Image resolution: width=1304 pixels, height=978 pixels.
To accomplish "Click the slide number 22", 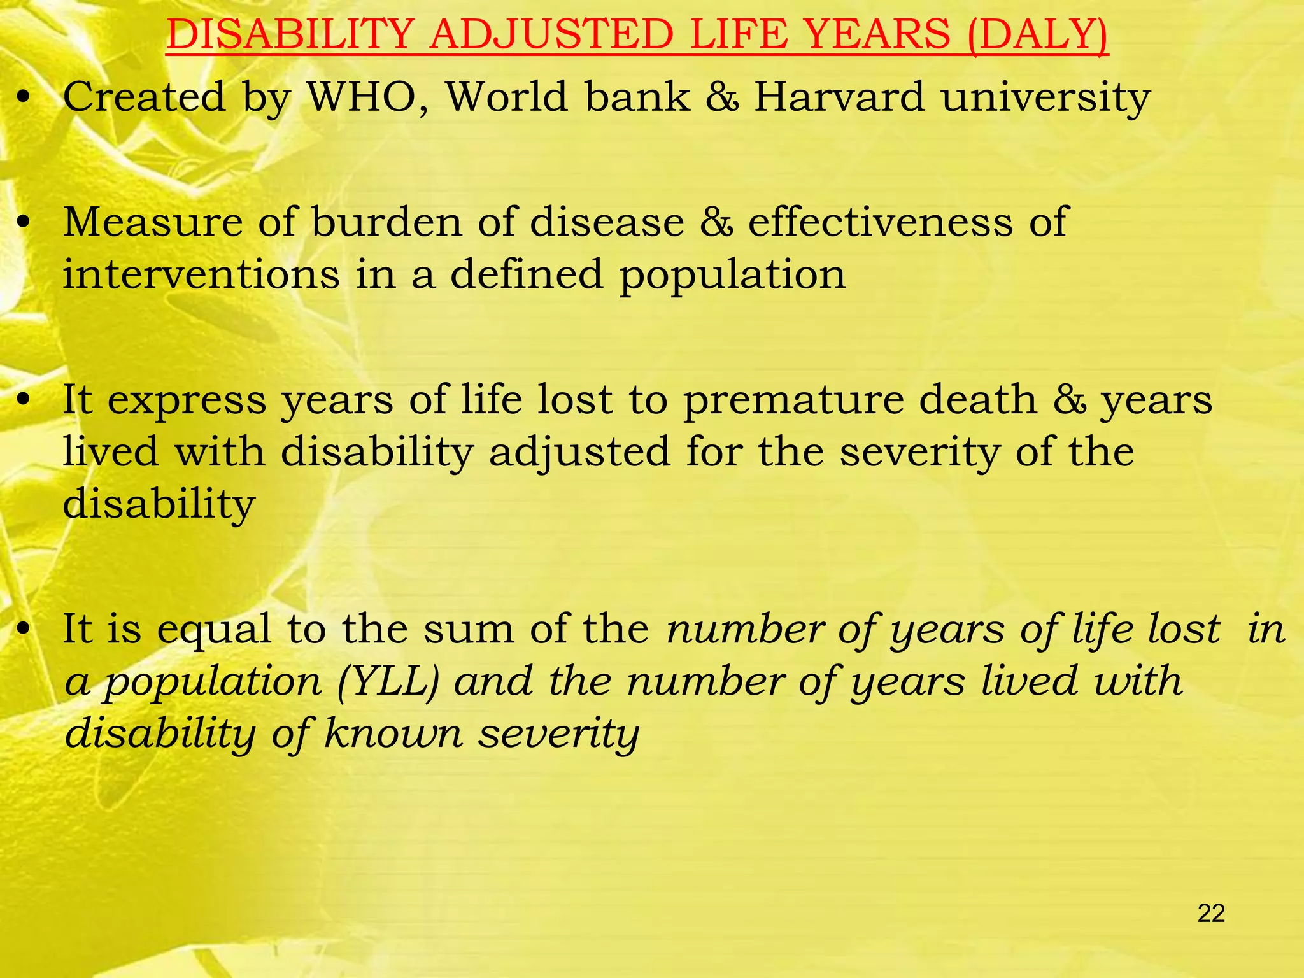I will pos(1211,914).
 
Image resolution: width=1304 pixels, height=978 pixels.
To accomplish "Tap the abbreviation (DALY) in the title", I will pos(1037,34).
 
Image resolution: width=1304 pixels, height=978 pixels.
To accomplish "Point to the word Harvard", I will pos(839,97).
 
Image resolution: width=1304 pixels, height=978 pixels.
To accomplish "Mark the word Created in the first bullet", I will pos(145,97).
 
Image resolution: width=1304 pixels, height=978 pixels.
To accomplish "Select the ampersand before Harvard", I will pos(723,97).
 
